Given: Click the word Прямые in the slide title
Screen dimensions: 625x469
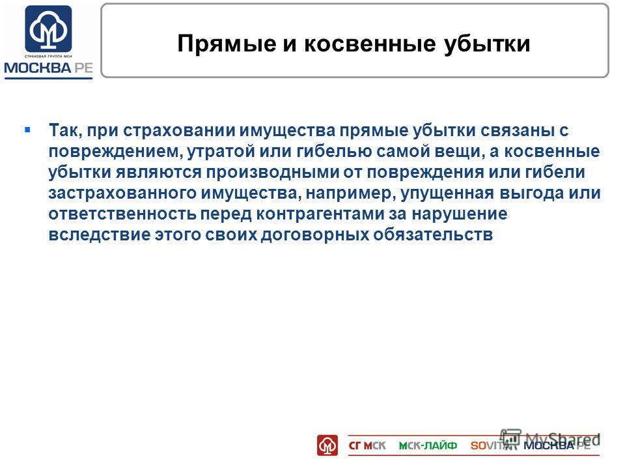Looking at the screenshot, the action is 227,44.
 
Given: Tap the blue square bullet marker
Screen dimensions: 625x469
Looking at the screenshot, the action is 27,130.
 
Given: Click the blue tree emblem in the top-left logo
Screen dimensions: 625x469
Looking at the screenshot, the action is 49,29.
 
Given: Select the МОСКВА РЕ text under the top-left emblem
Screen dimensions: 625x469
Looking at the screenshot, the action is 49,68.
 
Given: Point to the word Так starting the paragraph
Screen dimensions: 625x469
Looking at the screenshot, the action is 65,130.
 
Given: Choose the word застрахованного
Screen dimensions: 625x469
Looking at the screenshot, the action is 122,193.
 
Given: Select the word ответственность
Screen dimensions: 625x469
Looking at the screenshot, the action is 122,214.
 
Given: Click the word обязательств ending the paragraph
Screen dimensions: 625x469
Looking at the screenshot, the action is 433,234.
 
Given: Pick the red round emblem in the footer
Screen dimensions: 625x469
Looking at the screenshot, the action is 327,445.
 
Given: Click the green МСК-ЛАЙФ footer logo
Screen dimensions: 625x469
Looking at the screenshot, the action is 428,446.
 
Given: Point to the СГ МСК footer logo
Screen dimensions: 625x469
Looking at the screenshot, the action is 367,446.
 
